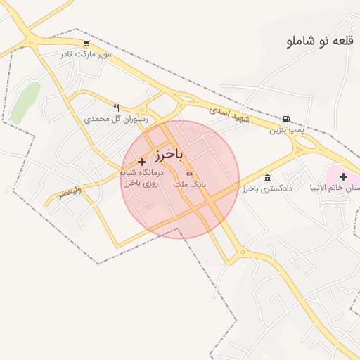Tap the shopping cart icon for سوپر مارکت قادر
click(86, 44)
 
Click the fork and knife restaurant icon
click(116, 108)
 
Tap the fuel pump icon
click(286, 120)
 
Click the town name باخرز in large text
click(169, 153)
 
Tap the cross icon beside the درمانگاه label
click(141, 162)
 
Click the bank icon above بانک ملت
click(188, 173)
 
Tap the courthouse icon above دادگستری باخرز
click(266, 178)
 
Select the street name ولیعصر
click(70, 191)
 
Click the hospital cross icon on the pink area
click(343, 176)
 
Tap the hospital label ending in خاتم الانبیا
click(337, 188)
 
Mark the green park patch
click(25, 100)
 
